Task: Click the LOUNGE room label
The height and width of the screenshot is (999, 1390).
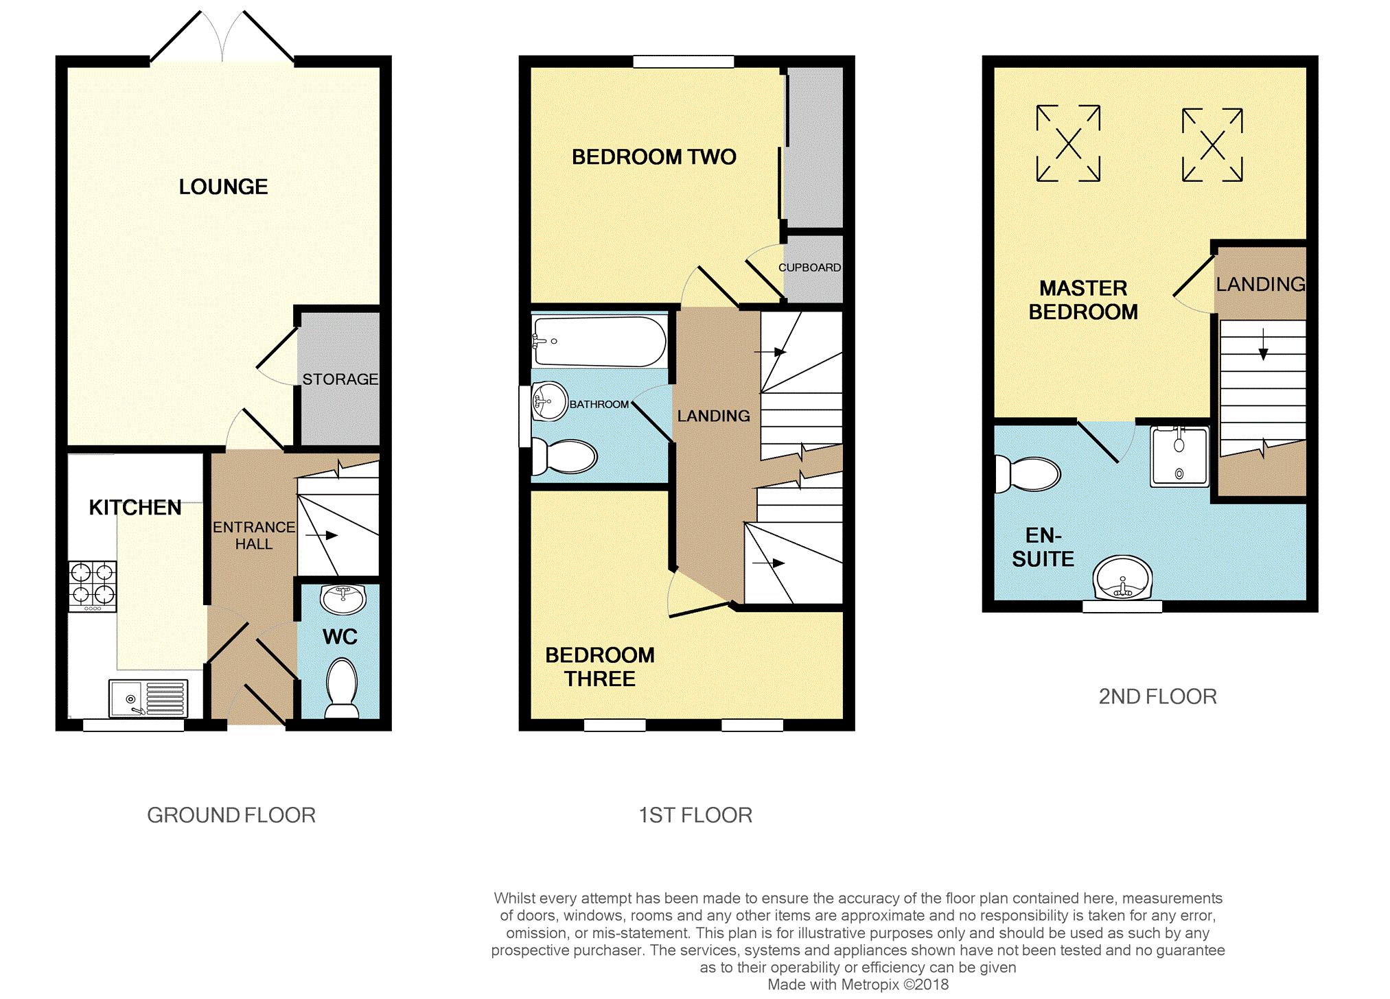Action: (223, 187)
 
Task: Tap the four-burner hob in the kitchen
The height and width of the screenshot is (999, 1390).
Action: (93, 586)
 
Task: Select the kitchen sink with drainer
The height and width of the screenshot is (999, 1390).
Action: (148, 698)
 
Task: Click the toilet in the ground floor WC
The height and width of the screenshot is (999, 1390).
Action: (342, 687)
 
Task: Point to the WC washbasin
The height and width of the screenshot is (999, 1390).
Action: (343, 600)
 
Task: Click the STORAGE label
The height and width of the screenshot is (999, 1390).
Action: (340, 379)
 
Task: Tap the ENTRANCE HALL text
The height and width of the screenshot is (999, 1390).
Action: (254, 535)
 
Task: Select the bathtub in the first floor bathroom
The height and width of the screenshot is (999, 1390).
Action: (599, 341)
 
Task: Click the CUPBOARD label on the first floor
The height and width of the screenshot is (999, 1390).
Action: (809, 268)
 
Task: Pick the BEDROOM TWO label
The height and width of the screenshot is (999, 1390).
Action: (654, 157)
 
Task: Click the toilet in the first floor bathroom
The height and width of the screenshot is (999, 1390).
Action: (565, 456)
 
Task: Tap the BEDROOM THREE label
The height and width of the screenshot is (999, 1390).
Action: (600, 667)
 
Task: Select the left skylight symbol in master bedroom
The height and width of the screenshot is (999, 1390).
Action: (1069, 143)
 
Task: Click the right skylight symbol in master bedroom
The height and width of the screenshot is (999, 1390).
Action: (1213, 145)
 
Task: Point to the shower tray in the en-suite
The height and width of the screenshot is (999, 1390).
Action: (1180, 456)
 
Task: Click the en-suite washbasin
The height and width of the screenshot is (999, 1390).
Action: (1122, 578)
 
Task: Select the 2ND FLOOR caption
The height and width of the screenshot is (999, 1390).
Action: (1158, 697)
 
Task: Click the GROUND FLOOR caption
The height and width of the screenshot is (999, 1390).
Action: (231, 815)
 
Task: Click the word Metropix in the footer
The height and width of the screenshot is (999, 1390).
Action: (870, 985)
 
